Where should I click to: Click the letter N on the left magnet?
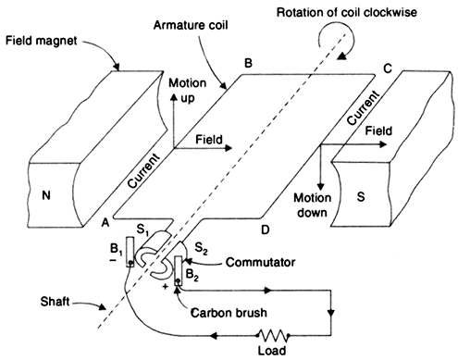tap(46, 195)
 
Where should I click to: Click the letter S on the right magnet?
tap(361, 196)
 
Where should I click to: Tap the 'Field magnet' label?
tap(42, 41)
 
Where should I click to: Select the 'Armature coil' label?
tap(191, 25)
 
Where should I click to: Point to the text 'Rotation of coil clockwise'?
tap(347, 13)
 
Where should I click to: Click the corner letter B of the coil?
tap(248, 63)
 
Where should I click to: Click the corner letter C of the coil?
tap(388, 68)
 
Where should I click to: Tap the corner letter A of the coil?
tap(105, 222)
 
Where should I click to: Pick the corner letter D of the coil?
tap(266, 230)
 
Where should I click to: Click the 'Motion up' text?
tap(188, 91)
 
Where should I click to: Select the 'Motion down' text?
tap(312, 205)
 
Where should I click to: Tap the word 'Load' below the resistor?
tap(272, 351)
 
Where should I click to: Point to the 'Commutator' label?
tap(260, 262)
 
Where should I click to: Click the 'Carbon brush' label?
tap(229, 313)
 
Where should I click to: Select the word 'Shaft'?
tap(55, 302)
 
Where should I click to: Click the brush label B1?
tap(117, 250)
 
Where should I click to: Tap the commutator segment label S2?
tap(201, 248)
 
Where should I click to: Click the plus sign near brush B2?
tap(166, 286)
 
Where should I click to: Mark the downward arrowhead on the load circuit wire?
tap(331, 313)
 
